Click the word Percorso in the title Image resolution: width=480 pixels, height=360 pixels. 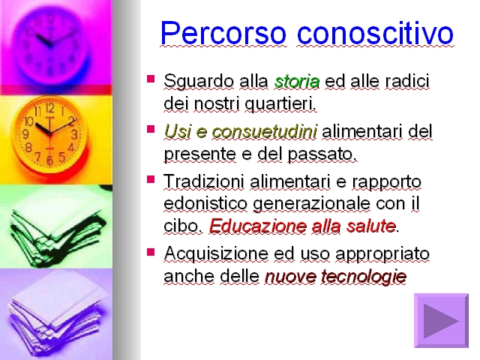(223, 33)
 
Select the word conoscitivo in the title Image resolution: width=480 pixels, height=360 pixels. (375, 32)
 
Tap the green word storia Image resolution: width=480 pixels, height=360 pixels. (297, 82)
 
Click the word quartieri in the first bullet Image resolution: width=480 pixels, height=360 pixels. (280, 104)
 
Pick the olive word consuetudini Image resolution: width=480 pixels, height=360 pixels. (265, 132)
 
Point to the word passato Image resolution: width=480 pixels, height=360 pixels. (322, 154)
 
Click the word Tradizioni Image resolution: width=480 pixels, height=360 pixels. (204, 181)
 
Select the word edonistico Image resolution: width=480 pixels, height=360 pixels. (205, 203)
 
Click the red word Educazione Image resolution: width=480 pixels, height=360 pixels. (258, 226)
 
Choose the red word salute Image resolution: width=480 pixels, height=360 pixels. (371, 226)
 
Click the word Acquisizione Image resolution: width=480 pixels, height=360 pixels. (216, 254)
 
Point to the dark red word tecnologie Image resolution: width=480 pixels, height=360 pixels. (364, 277)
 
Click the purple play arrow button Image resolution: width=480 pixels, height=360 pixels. (441, 320)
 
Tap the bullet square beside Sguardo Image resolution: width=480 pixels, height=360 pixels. (151, 79)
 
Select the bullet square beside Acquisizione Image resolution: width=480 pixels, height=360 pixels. (151, 252)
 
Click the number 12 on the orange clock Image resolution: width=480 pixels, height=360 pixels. (50, 108)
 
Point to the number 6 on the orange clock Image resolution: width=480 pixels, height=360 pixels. (49, 160)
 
